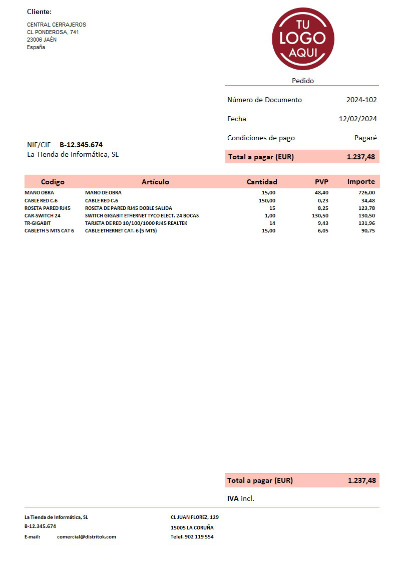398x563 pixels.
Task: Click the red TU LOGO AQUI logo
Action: pyautogui.click(x=303, y=39)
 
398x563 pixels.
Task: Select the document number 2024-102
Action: pyautogui.click(x=361, y=100)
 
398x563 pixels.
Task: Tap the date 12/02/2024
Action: pyautogui.click(x=357, y=119)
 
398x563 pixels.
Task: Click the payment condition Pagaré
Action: pyautogui.click(x=365, y=138)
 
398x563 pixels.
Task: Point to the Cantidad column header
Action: pyautogui.click(x=262, y=182)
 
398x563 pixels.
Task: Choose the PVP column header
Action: pyautogui.click(x=321, y=182)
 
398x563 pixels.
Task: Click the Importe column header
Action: pyautogui.click(x=361, y=181)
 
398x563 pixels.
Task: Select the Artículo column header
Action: pyautogui.click(x=155, y=182)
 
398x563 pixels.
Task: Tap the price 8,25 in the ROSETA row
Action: pyautogui.click(x=323, y=208)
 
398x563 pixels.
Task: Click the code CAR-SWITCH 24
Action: pyautogui.click(x=43, y=215)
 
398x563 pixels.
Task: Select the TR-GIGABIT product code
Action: pyautogui.click(x=38, y=223)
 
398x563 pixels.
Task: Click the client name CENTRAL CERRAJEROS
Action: pyautogui.click(x=57, y=25)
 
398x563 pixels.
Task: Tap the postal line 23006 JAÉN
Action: pyautogui.click(x=42, y=40)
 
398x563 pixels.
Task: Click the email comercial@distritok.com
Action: pyautogui.click(x=87, y=536)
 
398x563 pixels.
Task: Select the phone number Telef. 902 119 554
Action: pyautogui.click(x=192, y=536)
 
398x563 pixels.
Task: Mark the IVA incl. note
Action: pyautogui.click(x=241, y=498)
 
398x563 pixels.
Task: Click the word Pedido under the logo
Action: pyautogui.click(x=303, y=81)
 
